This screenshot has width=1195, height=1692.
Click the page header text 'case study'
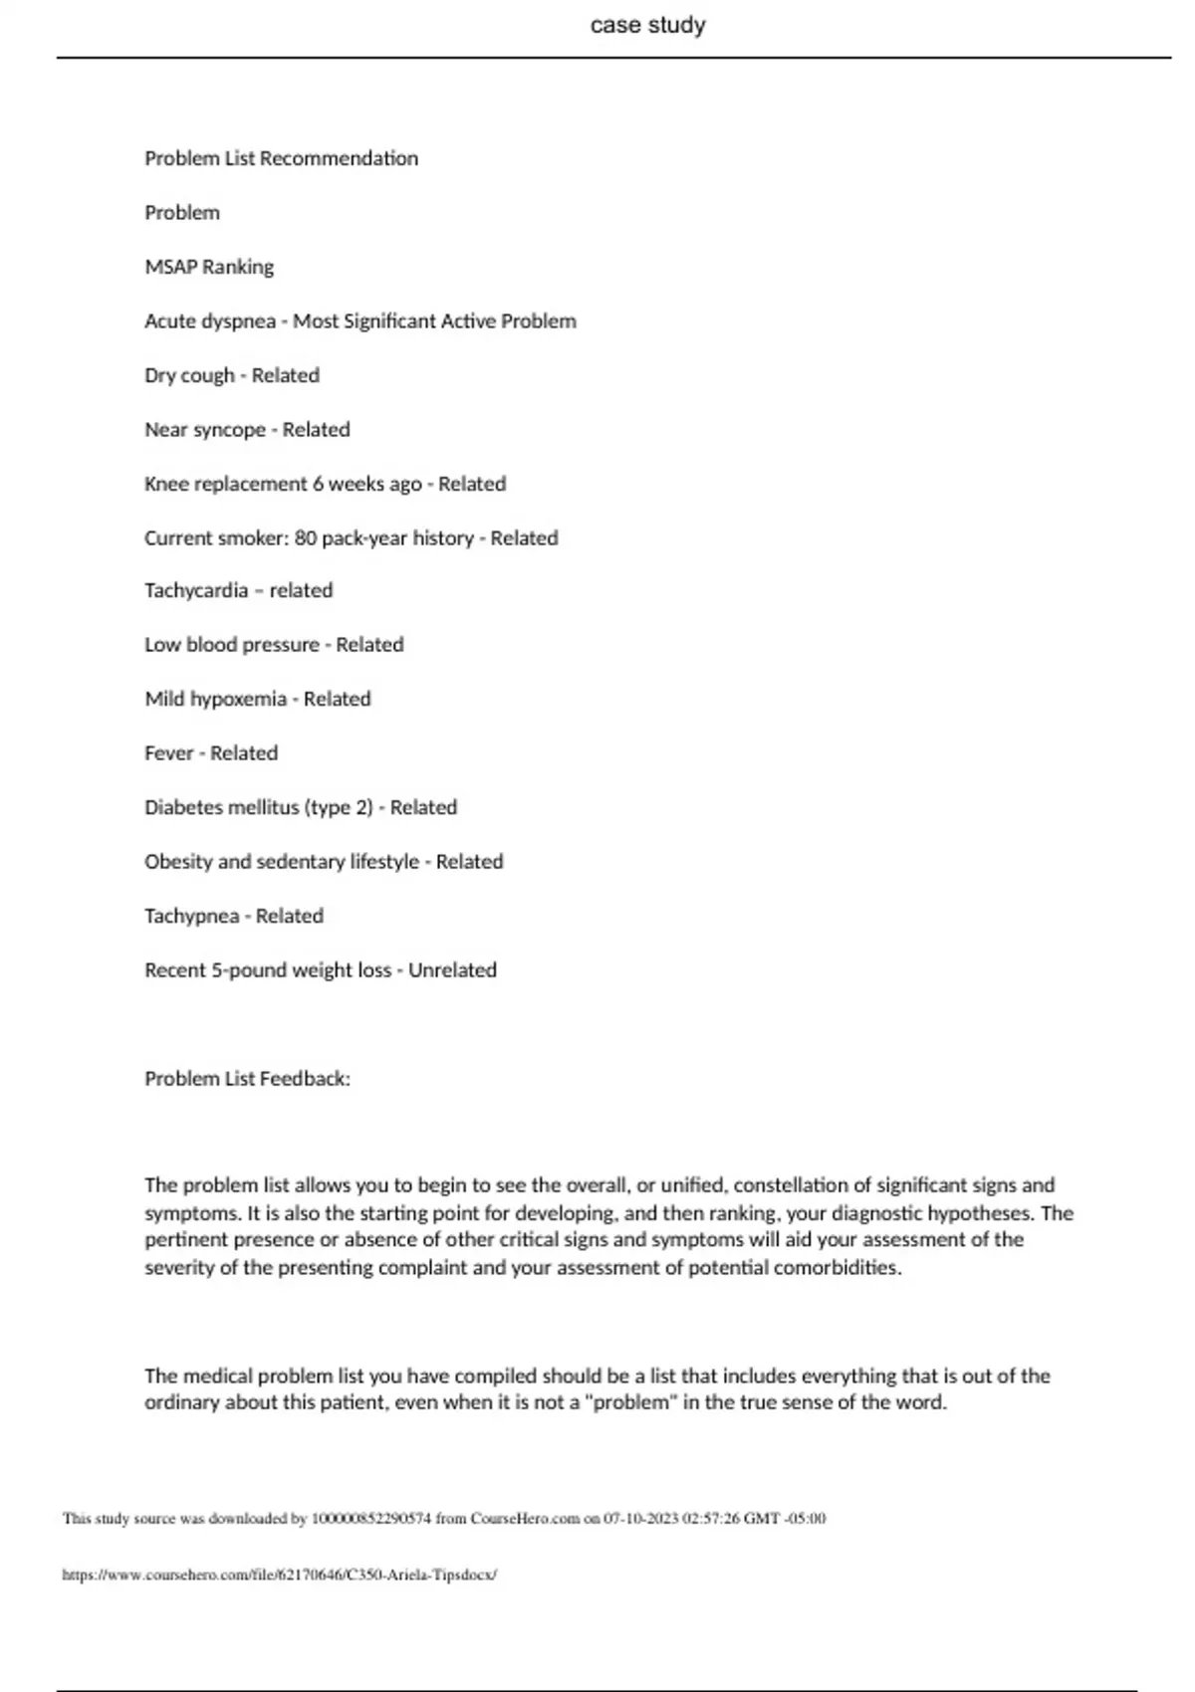(647, 25)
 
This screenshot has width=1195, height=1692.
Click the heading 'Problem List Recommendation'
(281, 158)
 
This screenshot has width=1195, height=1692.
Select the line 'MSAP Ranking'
(209, 267)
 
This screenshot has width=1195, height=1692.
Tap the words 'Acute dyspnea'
(209, 321)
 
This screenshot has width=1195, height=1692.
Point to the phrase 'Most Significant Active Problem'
(434, 321)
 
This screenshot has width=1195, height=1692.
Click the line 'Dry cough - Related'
(232, 375)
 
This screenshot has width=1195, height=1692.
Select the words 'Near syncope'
(204, 430)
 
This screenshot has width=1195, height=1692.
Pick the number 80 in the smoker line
(306, 538)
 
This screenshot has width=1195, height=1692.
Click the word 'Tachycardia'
(196, 590)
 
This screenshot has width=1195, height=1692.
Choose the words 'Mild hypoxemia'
(215, 699)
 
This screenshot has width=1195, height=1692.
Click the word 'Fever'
(169, 753)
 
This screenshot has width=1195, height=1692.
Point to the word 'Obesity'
(177, 862)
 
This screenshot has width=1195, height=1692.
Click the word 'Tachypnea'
(191, 916)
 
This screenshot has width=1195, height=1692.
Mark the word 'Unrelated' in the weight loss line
(452, 970)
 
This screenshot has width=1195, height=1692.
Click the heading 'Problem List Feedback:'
(247, 1079)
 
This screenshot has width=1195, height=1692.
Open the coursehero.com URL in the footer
(279, 1575)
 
